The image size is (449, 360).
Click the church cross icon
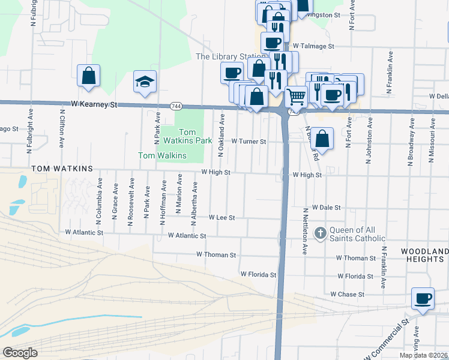tap(321, 232)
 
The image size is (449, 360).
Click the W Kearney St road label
tap(94, 104)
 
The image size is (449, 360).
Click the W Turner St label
tap(249, 141)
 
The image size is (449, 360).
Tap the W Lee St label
tap(221, 217)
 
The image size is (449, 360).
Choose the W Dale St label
tap(326, 207)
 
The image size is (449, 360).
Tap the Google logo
tap(20, 353)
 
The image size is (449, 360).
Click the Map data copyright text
tap(424, 355)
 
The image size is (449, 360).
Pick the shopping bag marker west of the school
tap(88, 76)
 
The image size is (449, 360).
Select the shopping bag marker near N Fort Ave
tap(322, 139)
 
